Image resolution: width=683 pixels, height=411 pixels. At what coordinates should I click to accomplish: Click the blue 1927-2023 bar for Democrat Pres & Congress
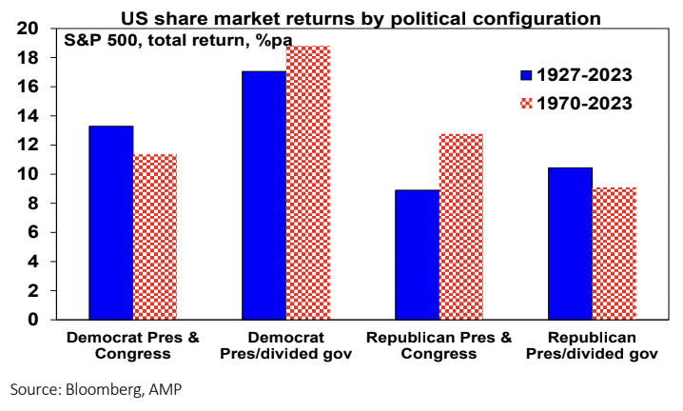pos(110,223)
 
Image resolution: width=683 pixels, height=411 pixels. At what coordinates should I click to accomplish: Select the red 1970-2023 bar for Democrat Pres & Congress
pos(154,237)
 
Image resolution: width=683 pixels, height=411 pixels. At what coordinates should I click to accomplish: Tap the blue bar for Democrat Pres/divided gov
pos(263,195)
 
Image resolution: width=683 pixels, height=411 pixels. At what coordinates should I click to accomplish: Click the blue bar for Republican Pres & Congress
pos(418,254)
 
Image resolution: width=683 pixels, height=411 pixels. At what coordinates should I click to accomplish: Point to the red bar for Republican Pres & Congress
pos(461,226)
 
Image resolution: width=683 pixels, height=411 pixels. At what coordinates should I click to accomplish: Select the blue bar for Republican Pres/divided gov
pos(571,244)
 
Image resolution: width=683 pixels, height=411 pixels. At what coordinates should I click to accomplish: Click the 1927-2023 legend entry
pos(576,74)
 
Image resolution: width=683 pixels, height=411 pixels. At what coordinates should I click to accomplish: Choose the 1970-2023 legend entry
pos(576,104)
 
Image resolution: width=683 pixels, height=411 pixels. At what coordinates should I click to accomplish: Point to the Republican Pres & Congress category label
pos(439,345)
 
